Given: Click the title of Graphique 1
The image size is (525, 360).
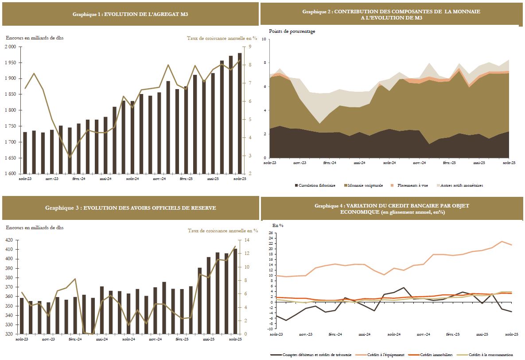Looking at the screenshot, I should point(130,14).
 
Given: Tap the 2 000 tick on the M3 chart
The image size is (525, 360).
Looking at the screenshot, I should point(11,47).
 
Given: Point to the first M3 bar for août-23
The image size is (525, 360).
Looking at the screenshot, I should point(25,153).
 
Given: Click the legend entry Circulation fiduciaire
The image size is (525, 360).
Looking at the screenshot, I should point(316,185).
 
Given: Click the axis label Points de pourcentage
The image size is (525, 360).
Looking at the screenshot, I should point(292,31).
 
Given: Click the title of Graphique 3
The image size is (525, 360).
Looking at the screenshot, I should point(130,208).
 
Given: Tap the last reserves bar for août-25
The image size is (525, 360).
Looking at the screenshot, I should point(235,291).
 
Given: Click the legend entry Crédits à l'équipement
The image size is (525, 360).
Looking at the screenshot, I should point(386,355).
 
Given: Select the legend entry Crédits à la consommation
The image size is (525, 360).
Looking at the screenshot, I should point(490,355).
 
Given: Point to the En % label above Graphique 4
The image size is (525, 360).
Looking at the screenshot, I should point(278,225).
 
